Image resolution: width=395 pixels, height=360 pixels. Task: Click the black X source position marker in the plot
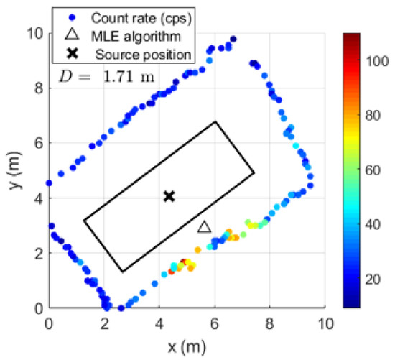coord(169,196)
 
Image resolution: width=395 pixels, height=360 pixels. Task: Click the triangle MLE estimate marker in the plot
coord(204,227)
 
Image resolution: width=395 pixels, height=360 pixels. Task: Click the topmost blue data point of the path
coord(233,39)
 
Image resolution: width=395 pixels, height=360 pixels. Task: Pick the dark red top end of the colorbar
coord(352,36)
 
